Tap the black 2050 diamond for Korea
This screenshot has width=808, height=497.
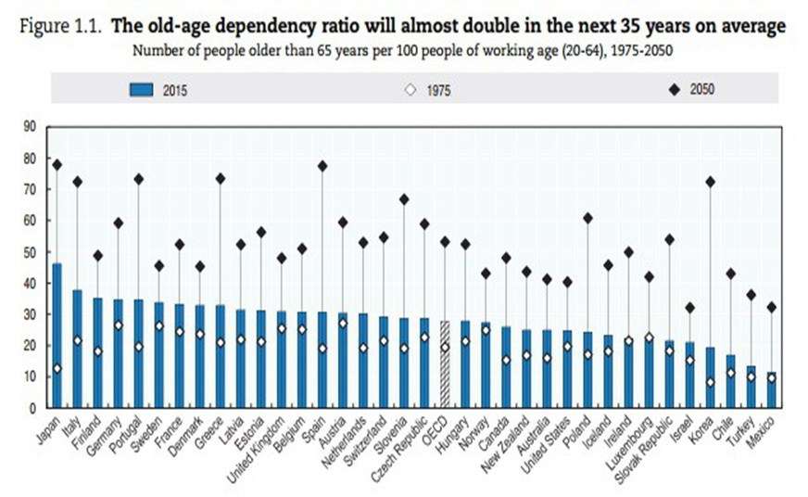[710, 182]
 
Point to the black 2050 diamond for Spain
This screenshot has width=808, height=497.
[322, 166]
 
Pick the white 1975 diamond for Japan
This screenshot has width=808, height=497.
[57, 368]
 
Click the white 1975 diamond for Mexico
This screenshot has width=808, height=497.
[771, 378]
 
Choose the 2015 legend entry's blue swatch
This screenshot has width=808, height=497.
[141, 90]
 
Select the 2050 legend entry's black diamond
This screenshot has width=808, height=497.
[673, 90]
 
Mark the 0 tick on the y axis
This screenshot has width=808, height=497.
[32, 408]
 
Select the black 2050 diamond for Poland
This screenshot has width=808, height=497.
[587, 218]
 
